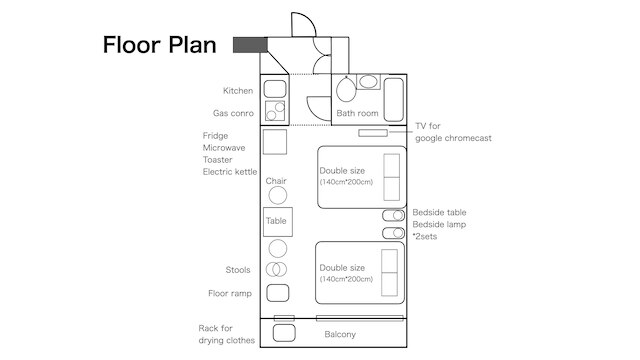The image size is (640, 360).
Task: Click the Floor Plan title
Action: point(159,44)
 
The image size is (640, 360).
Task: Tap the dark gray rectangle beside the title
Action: point(250,45)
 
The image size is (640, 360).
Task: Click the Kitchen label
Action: point(238,91)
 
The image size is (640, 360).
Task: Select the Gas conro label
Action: point(233,113)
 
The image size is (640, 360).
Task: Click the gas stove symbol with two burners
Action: point(275,111)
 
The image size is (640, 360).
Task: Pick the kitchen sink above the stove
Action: point(275,89)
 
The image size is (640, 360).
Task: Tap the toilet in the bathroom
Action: point(346,89)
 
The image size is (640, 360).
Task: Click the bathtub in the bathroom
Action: point(394,100)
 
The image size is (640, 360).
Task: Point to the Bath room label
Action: point(357,113)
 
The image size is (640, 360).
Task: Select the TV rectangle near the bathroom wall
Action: point(373,133)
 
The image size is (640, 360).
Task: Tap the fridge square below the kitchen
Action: point(275,142)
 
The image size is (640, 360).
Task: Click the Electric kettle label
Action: point(230,172)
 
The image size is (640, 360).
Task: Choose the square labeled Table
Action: point(278,222)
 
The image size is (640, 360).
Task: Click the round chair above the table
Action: point(278,195)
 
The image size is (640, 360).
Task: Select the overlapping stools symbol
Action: point(276,269)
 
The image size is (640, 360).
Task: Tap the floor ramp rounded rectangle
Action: point(278,293)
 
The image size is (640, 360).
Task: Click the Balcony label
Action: point(340,334)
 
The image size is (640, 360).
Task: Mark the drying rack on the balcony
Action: point(284,333)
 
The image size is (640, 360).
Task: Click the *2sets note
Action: point(424,237)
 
